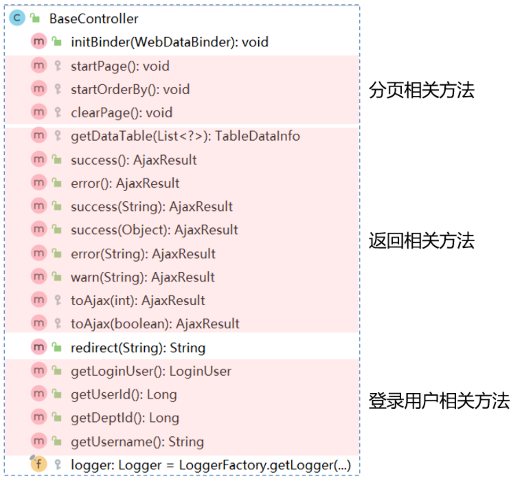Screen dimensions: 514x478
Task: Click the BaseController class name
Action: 93,19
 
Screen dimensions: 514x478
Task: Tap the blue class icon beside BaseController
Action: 16,19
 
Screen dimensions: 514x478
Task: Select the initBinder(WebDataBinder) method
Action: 170,43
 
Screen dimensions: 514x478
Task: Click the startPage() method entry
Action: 120,66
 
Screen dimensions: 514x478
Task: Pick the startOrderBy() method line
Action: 130,89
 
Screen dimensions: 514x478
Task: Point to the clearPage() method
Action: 121,113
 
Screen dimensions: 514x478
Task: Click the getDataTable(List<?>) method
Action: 185,136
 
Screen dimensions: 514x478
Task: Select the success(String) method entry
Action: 152,207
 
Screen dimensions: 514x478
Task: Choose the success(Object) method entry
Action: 154,230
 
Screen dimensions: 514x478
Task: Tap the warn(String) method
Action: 142,277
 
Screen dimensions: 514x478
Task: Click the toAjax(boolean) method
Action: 155,324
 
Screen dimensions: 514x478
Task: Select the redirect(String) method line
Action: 138,348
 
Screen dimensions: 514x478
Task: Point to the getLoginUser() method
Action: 151,371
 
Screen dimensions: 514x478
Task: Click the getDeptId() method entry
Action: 125,418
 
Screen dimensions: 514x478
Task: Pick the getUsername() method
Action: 137,442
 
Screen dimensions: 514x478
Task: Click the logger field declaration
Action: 211,466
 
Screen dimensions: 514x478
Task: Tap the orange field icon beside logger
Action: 38,465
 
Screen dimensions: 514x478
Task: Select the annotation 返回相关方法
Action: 421,241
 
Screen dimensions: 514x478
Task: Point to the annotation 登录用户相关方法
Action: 439,401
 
